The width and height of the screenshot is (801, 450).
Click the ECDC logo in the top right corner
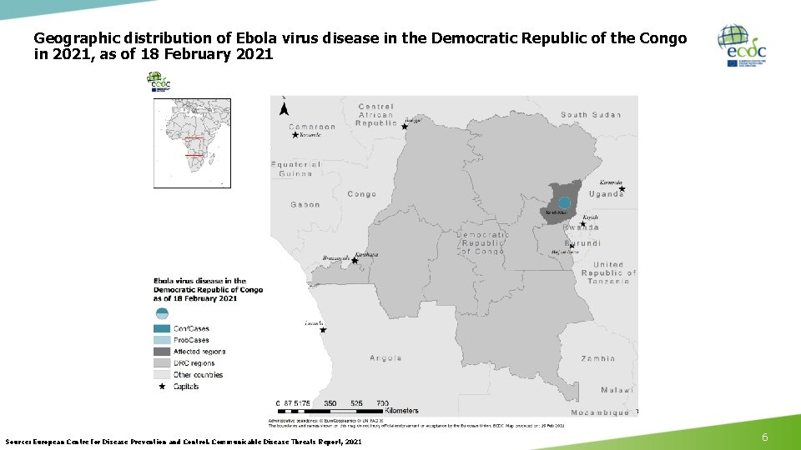tap(742, 46)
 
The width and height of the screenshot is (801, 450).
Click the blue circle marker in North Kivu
tap(565, 202)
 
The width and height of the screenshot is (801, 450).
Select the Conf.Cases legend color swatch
tap(162, 328)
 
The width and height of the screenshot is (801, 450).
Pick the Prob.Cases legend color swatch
tap(162, 340)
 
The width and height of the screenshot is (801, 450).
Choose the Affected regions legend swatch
tap(162, 352)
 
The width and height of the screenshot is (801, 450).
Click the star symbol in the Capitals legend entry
tap(162, 387)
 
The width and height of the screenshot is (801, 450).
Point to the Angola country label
tap(386, 358)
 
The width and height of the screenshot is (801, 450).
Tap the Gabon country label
tap(305, 204)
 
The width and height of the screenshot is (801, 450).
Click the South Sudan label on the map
tap(591, 115)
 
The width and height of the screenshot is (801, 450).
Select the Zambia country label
tap(598, 358)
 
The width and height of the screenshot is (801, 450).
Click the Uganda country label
tap(606, 194)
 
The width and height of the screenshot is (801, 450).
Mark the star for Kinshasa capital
tap(355, 261)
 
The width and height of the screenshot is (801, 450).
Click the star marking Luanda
tap(324, 330)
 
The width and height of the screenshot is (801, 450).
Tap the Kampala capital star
tap(622, 189)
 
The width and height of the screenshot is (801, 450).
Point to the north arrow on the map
tap(285, 106)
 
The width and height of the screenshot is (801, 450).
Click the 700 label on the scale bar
tap(382, 403)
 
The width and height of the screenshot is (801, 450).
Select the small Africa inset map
tap(192, 142)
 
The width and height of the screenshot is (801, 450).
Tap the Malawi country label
tap(617, 390)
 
